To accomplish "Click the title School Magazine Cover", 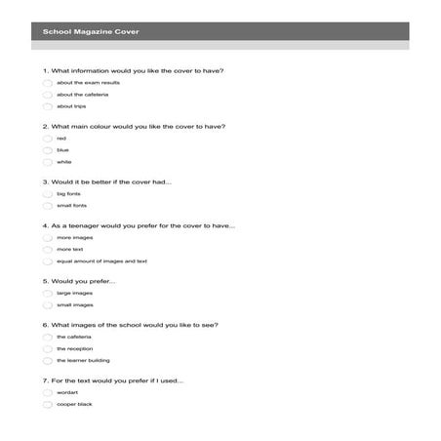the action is (x=91, y=32).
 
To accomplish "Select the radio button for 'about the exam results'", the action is (x=48, y=83).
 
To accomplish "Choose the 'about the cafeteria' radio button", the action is (x=48, y=95).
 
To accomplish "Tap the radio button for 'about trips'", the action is (x=48, y=106).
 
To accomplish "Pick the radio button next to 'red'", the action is (x=48, y=139).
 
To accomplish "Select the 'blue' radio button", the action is (x=48, y=150).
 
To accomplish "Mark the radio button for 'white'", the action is (x=48, y=162).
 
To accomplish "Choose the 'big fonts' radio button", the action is (x=48, y=194).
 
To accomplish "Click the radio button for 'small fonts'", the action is (x=48, y=206).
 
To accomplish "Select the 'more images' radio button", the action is (x=48, y=238).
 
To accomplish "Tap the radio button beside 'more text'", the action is (x=48, y=250).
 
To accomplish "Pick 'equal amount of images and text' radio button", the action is (x=48, y=261).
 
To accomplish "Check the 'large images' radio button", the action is (x=48, y=293).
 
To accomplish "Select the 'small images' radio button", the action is (x=48, y=304).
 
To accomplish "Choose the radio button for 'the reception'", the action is (x=48, y=348).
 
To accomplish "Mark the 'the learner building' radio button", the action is (x=48, y=360).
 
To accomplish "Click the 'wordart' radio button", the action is (x=48, y=392).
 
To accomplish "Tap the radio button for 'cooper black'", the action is (x=48, y=404).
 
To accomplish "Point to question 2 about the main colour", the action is (x=135, y=126).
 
